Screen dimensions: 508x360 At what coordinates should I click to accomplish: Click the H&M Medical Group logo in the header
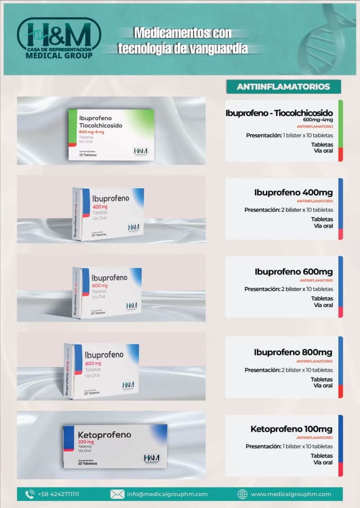(x=58, y=39)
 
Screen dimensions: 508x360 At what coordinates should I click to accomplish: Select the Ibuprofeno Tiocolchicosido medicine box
(x=111, y=134)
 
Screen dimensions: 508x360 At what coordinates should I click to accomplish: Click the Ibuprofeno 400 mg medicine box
(x=108, y=213)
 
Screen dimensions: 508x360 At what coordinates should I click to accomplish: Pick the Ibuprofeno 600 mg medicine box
(x=107, y=292)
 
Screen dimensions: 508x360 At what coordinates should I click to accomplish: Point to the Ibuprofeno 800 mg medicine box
(x=102, y=371)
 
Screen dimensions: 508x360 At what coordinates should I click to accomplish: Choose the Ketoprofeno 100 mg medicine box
(x=115, y=446)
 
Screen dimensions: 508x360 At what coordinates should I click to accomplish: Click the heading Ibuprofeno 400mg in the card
(x=293, y=193)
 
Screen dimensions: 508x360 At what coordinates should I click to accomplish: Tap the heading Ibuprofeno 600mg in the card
(x=293, y=272)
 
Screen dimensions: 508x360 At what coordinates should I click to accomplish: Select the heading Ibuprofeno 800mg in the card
(x=293, y=352)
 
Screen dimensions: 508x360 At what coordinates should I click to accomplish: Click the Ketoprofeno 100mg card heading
(x=291, y=429)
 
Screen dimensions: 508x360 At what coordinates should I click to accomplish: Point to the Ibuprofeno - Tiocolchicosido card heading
(x=279, y=113)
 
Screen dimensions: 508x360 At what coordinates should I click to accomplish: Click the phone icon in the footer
(x=30, y=494)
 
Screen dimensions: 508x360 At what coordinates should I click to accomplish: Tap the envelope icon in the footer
(x=117, y=494)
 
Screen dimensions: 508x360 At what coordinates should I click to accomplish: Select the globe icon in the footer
(x=242, y=494)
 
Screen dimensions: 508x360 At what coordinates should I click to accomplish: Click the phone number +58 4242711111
(x=58, y=494)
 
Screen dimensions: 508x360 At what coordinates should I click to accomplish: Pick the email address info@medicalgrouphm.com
(x=167, y=494)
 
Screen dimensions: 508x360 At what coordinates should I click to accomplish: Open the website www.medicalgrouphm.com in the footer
(x=291, y=494)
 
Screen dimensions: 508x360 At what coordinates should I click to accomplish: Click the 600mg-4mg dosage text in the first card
(x=318, y=120)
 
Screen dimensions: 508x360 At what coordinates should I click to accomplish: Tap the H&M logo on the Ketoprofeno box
(x=151, y=458)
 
